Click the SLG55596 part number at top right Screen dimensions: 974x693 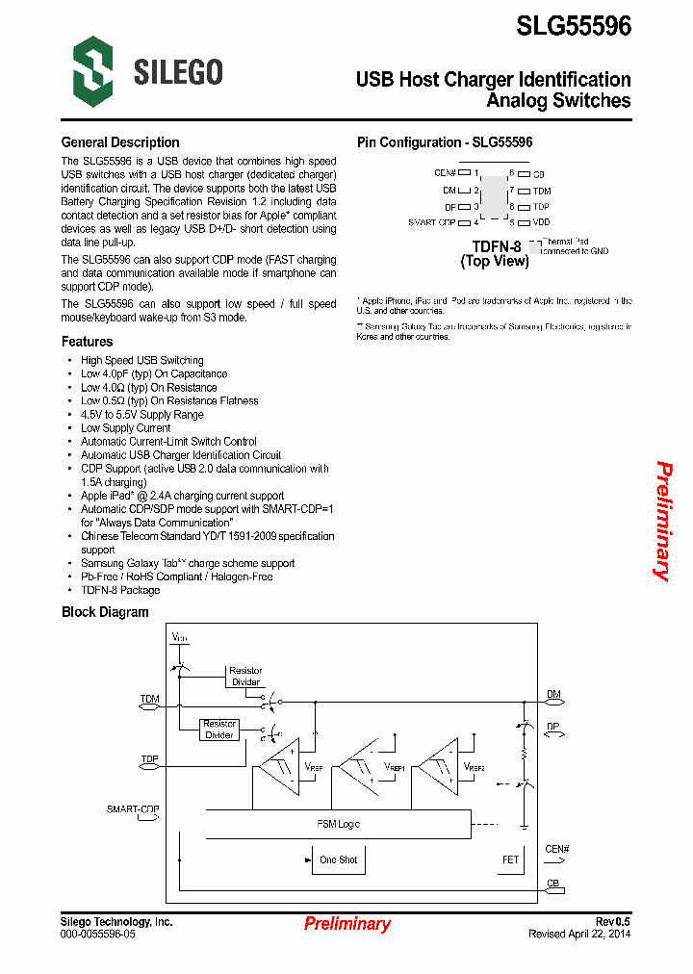(574, 26)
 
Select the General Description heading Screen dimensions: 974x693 (120, 142)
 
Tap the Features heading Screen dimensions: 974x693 (87, 342)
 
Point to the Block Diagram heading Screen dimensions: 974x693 (105, 612)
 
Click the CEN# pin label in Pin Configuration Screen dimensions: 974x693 (445, 173)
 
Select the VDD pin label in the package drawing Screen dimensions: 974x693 (541, 222)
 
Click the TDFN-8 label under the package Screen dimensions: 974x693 (497, 246)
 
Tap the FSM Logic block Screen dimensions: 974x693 (339, 824)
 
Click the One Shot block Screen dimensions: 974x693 (338, 859)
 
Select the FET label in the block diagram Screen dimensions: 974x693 (510, 859)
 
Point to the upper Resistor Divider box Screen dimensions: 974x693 (245, 676)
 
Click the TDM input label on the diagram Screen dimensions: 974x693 (150, 699)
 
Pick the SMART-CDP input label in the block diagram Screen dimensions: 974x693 (133, 809)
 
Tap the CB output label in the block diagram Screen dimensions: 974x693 (552, 883)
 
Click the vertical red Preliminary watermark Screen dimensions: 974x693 (663, 521)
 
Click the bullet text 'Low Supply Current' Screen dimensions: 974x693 (125, 428)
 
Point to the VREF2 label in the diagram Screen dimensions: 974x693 (474, 767)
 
